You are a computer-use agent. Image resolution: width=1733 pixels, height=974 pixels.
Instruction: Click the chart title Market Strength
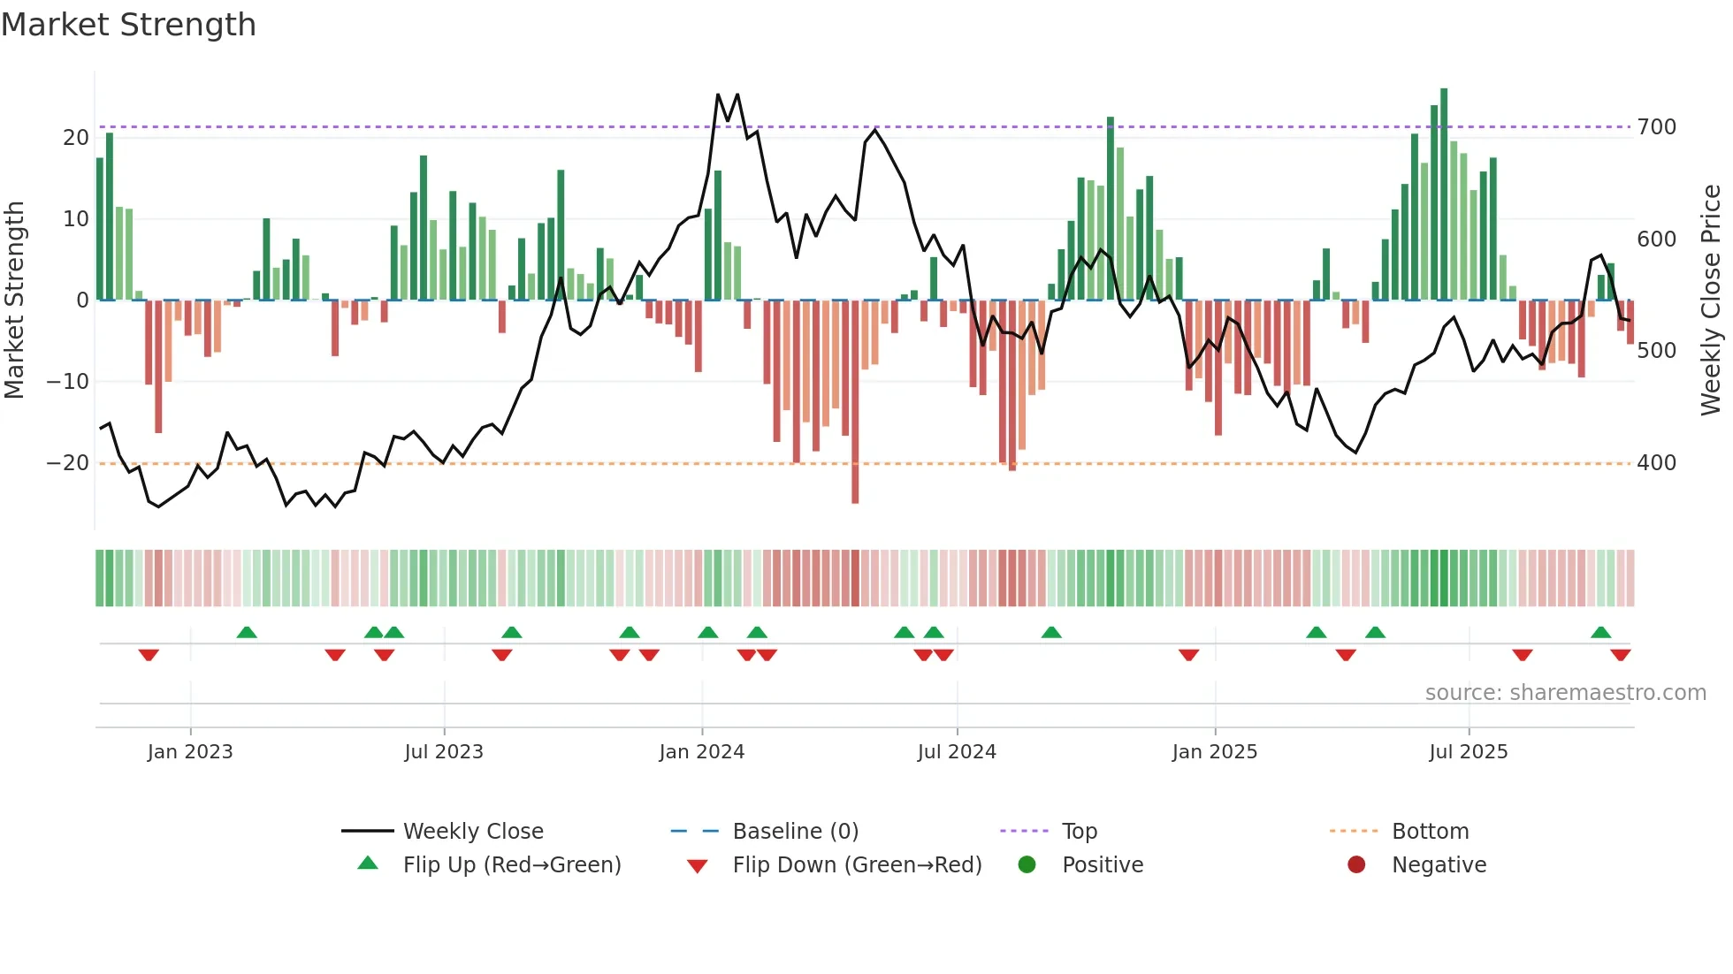tap(128, 25)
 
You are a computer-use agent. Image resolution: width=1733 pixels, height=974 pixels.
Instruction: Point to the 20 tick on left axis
tap(76, 138)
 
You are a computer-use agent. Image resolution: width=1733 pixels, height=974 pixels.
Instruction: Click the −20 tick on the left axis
tap(68, 463)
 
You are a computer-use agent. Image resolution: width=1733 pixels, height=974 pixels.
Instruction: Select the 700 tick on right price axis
tap(1656, 127)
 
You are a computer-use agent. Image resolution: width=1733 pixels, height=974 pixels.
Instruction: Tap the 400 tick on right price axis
tap(1656, 463)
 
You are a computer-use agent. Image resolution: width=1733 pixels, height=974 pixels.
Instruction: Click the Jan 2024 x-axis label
tap(701, 752)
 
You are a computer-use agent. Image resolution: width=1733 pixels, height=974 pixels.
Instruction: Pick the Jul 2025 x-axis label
tap(1468, 752)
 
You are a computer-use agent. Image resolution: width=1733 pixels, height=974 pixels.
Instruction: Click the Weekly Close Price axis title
tap(1711, 301)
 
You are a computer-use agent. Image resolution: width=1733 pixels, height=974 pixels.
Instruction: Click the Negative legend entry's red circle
tap(1355, 864)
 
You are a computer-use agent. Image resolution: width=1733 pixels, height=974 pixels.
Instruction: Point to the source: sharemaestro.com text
tap(1565, 693)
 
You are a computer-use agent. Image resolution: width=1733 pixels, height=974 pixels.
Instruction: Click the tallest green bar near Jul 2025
tap(1444, 194)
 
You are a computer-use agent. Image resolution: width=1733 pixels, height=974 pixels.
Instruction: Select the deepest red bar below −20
tap(855, 402)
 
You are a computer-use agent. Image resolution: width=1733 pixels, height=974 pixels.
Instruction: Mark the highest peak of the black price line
tap(718, 95)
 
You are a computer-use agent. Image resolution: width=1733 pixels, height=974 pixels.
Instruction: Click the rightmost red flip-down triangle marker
tap(1620, 655)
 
